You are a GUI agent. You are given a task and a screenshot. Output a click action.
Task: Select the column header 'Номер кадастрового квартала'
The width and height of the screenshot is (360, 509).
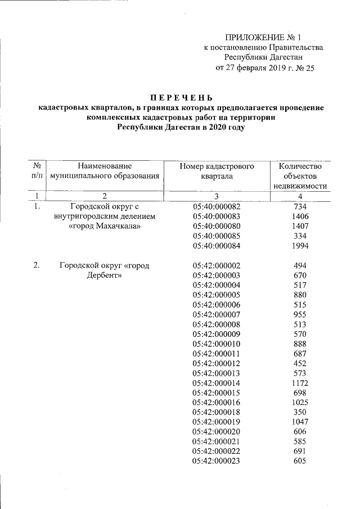[217, 171]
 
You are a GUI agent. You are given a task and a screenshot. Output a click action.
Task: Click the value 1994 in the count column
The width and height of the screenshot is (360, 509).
[301, 246]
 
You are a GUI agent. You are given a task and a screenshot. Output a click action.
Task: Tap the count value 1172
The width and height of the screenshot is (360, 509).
[301, 383]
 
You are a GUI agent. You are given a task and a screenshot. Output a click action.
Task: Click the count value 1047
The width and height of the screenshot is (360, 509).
[301, 422]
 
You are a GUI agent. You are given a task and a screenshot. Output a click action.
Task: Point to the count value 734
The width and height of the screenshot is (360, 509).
[301, 206]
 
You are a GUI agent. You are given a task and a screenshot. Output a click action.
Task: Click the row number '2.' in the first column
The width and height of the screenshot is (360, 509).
[37, 265]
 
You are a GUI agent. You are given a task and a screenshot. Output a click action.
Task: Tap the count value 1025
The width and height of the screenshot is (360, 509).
[301, 403]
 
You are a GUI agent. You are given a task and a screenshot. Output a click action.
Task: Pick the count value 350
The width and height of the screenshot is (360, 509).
[301, 412]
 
